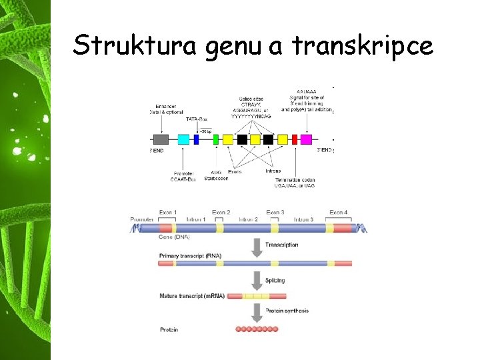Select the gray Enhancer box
[x=161, y=139]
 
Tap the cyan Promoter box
[x=183, y=139]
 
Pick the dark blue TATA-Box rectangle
[x=197, y=139]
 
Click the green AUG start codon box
[x=215, y=139]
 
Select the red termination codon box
[x=294, y=139]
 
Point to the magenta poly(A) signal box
[x=306, y=139]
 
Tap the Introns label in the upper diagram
[x=273, y=171]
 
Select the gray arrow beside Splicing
[x=256, y=280]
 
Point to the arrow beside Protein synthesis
[x=256, y=311]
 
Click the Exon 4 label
[x=338, y=213]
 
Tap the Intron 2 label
[x=247, y=219]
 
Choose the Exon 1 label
[x=166, y=213]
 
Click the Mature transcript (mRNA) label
[x=192, y=295]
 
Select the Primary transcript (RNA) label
[x=191, y=256]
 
